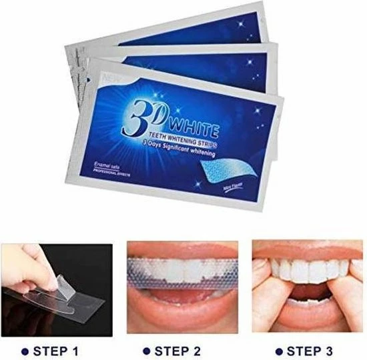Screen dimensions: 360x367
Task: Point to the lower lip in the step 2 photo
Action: [x=183, y=313]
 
